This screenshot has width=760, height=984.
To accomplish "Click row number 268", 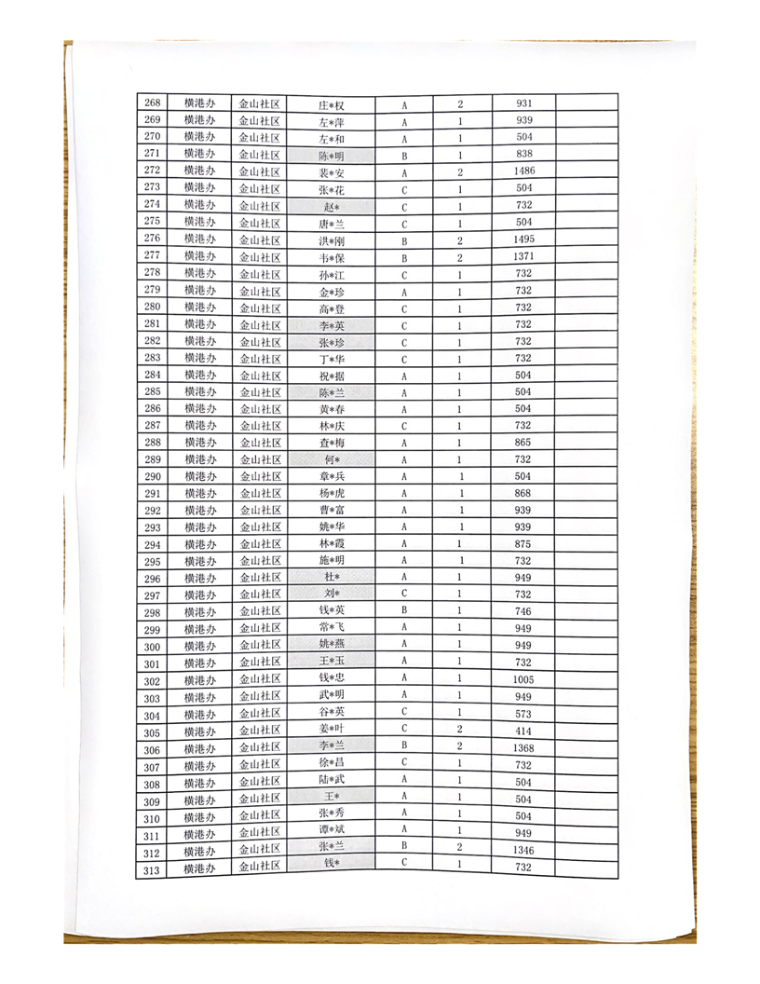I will point(154,103).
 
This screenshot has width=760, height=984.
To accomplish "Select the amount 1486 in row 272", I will point(523,171).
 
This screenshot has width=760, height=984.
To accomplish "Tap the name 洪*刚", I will point(332,240).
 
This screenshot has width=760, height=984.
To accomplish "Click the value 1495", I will point(523,239).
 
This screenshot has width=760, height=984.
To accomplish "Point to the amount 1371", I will point(523,256).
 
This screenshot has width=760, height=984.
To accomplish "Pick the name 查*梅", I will point(332,443).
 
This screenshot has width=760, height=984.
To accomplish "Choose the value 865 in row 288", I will point(523,442).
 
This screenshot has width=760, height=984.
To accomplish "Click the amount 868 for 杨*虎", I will point(523,493).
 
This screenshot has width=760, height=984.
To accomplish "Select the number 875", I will point(523,543).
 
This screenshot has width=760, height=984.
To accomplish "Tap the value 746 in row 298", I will point(523,611).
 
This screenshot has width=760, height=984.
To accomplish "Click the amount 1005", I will point(523,680).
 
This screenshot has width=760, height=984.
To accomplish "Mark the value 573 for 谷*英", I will point(523,714).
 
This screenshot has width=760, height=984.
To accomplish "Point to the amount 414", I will point(523,731).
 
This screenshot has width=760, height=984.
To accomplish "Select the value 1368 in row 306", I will point(523,748).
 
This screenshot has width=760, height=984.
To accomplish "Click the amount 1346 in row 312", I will point(523,850).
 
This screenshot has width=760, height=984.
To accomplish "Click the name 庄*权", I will point(332,105).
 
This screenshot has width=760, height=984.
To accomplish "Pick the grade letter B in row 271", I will point(404,156).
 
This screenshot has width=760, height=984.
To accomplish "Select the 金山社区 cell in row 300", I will point(261,645).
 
